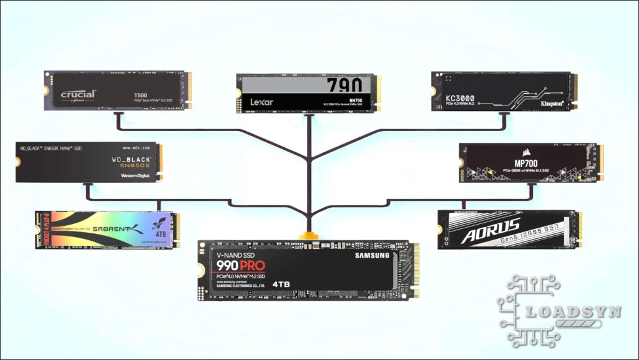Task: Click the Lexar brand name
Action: click(262, 101)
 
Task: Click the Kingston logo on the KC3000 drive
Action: click(552, 102)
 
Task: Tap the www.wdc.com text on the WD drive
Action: click(136, 148)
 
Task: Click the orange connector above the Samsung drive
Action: click(308, 236)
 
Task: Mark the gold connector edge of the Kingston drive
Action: click(575, 92)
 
